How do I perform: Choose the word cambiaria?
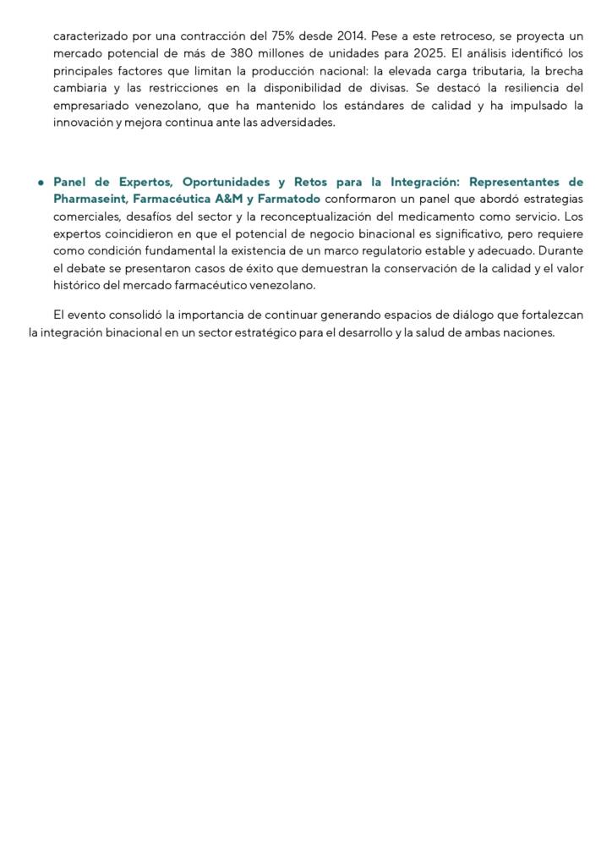77,88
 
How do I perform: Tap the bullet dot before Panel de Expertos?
40,183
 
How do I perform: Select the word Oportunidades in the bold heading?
224,183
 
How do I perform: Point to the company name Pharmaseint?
89,200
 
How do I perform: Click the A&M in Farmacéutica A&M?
227,200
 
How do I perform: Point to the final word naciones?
528,332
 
